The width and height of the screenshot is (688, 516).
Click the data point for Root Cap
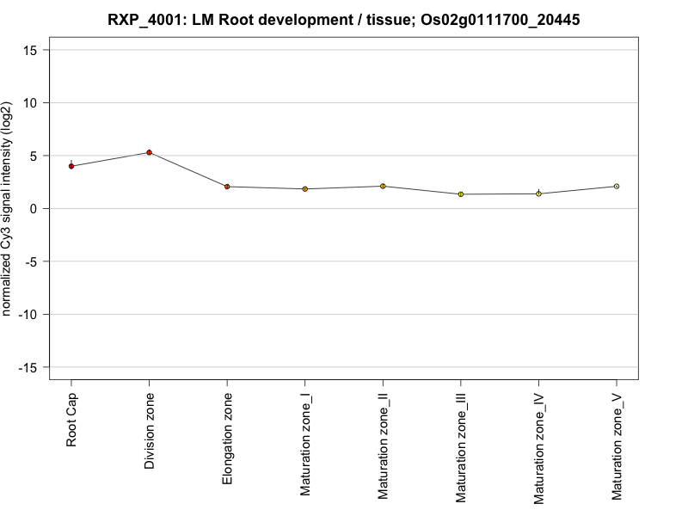[x=71, y=166]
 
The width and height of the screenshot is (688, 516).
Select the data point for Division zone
[x=149, y=153]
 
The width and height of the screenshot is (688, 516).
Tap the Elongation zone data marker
[x=227, y=187]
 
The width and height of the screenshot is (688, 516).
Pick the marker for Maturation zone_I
[x=304, y=189]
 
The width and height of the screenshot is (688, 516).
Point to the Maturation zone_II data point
[x=383, y=186]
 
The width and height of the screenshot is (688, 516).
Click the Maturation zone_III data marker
[x=460, y=194]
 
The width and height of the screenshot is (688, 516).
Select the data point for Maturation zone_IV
[x=538, y=193]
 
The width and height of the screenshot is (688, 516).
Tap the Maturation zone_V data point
[x=616, y=187]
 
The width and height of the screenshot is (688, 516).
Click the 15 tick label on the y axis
[x=30, y=50]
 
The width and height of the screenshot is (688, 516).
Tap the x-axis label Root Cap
[x=71, y=421]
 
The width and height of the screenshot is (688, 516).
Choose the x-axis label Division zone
[x=150, y=432]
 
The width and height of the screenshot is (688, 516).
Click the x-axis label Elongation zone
[x=227, y=438]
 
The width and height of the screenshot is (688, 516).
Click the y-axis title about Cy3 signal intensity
[x=9, y=209]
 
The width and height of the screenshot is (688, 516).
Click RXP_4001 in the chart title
[x=145, y=20]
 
